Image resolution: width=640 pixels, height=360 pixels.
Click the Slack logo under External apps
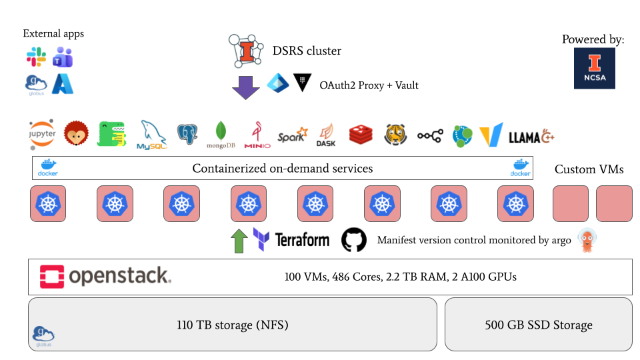[x=36, y=57]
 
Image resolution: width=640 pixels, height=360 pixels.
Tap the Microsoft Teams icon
[x=63, y=57]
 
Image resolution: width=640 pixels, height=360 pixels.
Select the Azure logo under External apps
[x=63, y=83]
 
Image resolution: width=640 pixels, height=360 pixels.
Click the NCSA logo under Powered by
[x=594, y=69]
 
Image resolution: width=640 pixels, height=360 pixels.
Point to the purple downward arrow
[x=245, y=87]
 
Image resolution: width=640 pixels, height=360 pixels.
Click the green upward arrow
[x=238, y=241]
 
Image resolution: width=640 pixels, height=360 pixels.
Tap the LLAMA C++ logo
[x=531, y=137]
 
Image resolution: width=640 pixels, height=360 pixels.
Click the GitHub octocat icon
[x=354, y=240]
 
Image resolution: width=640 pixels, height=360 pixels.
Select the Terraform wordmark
[x=302, y=240]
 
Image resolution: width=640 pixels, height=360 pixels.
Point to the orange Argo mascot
[x=587, y=240]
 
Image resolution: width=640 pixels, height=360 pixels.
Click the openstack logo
[x=105, y=276]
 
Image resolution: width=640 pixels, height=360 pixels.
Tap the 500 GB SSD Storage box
[x=538, y=325]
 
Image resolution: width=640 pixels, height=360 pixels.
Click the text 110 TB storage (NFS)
[x=233, y=325]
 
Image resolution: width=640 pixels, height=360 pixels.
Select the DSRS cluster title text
[x=307, y=51]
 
